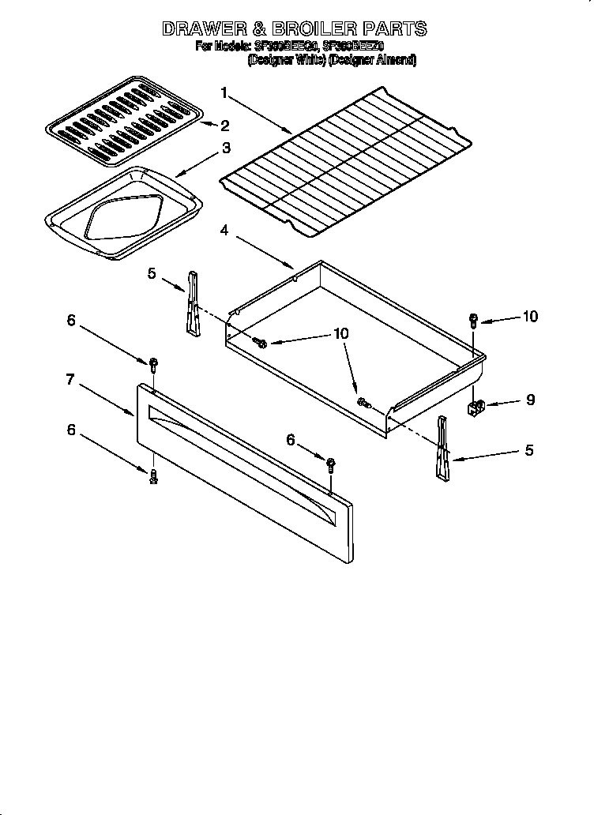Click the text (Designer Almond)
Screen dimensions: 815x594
[x=372, y=59]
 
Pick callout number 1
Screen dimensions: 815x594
[x=224, y=93]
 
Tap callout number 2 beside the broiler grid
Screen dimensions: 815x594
[x=226, y=126]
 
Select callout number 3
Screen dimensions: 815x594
[x=226, y=148]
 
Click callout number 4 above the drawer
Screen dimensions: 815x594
[x=224, y=230]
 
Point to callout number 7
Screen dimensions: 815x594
[x=70, y=379]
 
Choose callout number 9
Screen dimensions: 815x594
[x=530, y=400]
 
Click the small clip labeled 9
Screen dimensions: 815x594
[x=476, y=407]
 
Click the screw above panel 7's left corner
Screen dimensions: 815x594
[x=153, y=365]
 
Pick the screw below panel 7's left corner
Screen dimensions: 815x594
[x=153, y=475]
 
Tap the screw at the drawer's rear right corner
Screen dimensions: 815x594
[x=473, y=320]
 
